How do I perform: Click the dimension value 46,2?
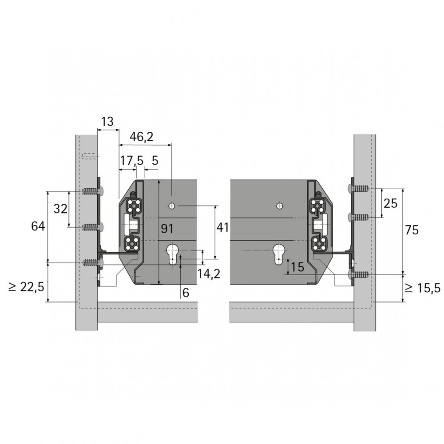tap(141, 137)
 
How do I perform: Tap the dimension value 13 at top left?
tap(107, 122)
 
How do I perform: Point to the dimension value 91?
tap(167, 228)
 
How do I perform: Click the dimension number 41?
tap(222, 227)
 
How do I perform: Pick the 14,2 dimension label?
tap(209, 274)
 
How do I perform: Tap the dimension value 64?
tap(38, 226)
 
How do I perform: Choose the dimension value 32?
tap(60, 209)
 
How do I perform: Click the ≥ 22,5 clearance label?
tap(26, 287)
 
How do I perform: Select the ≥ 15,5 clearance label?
tap(423, 288)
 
